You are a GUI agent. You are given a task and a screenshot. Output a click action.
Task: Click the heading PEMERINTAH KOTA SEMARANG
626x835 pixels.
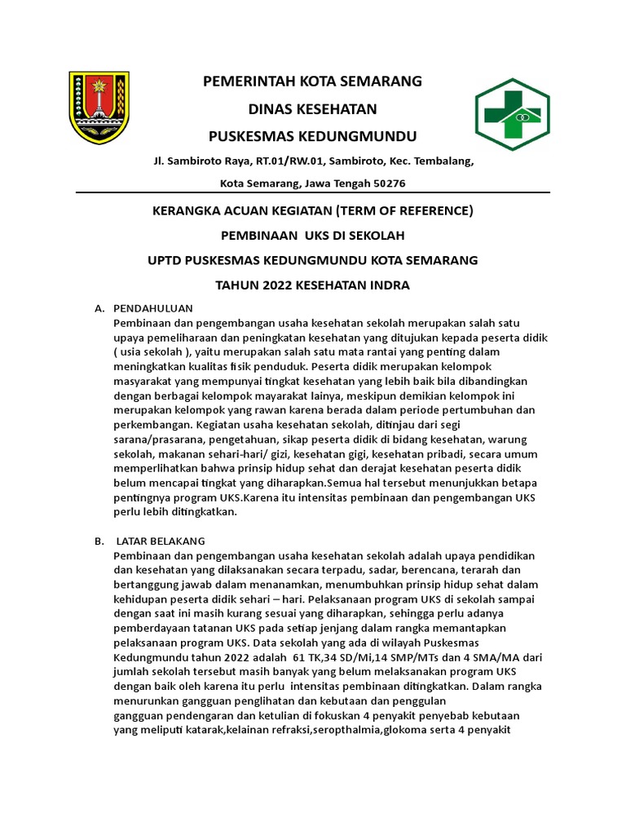pyautogui.click(x=312, y=81)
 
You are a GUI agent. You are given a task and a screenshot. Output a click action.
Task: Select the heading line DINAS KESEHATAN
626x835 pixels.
pyautogui.click(x=312, y=108)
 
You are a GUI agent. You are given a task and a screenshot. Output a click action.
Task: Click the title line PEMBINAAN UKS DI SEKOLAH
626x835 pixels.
pyautogui.click(x=312, y=236)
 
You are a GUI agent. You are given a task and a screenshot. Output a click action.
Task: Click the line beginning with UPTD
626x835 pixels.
pyautogui.click(x=312, y=260)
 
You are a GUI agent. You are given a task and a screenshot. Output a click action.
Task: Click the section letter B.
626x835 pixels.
pyautogui.click(x=99, y=541)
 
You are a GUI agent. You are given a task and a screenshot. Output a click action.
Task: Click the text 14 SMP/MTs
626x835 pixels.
pyautogui.click(x=397, y=656)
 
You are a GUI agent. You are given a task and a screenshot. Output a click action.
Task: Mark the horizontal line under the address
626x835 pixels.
pyautogui.click(x=312, y=193)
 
